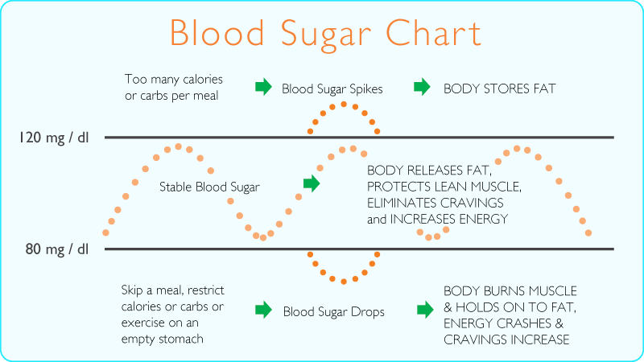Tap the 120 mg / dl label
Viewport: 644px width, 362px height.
click(x=54, y=138)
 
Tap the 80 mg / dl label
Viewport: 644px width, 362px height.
click(x=57, y=249)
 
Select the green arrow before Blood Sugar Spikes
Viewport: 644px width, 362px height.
click(x=263, y=87)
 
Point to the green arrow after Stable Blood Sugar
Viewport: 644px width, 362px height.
click(x=311, y=183)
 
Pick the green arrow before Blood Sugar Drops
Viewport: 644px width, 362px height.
click(x=263, y=310)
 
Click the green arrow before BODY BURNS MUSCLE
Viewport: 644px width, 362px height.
click(x=424, y=310)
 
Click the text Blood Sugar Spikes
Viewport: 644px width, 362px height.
click(x=332, y=88)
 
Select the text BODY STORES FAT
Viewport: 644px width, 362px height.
click(x=499, y=88)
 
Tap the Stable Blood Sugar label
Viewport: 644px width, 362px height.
click(x=209, y=187)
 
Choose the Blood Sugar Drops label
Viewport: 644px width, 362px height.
click(x=333, y=311)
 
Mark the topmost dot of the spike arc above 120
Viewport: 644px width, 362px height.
click(x=344, y=104)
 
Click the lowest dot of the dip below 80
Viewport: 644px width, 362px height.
click(x=344, y=282)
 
